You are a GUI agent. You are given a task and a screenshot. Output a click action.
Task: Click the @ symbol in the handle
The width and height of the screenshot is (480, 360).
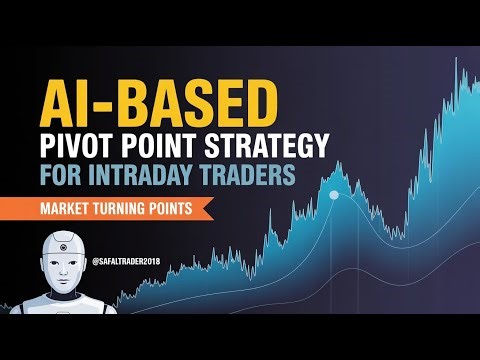(x=93, y=263)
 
